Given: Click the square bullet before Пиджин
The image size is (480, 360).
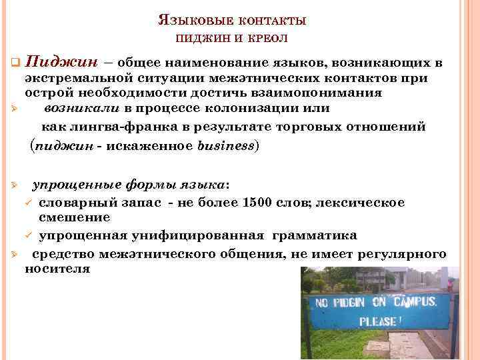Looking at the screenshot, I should pos(14,63).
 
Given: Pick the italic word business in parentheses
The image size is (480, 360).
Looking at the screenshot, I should pos(227,145).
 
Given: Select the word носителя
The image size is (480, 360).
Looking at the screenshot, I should pos(57,269).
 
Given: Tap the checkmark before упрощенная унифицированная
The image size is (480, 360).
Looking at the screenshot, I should pos(29,236).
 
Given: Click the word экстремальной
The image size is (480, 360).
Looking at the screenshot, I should pos(75,79).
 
